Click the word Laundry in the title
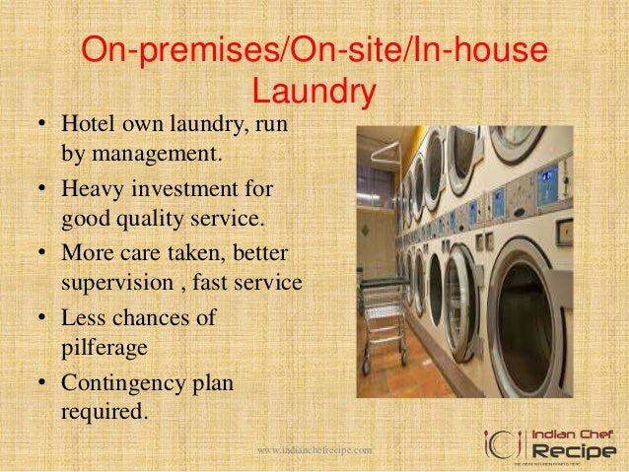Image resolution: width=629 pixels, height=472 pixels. (314, 92)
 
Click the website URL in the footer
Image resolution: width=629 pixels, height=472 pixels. (314, 449)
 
